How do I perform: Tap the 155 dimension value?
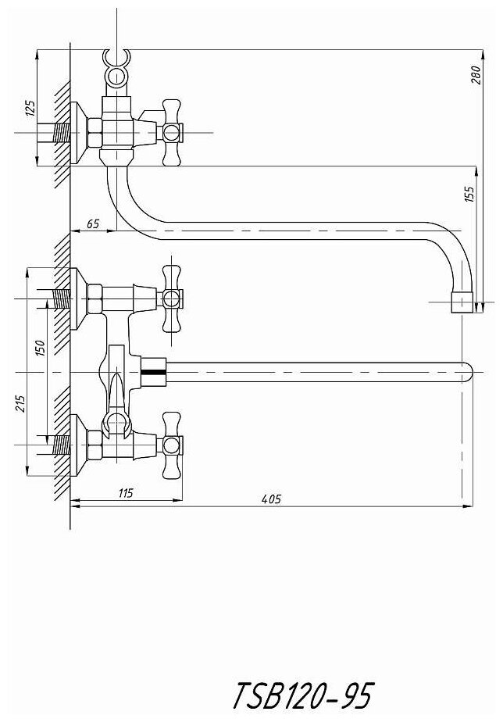(x=469, y=195)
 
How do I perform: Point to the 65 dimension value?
(x=93, y=223)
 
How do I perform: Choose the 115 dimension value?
(x=125, y=492)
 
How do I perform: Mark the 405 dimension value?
(x=270, y=499)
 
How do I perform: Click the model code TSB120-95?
(x=303, y=693)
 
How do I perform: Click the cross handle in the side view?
(x=173, y=133)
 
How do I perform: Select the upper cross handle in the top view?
(x=172, y=298)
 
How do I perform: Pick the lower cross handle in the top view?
(x=172, y=445)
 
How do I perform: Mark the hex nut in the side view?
(x=95, y=134)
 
